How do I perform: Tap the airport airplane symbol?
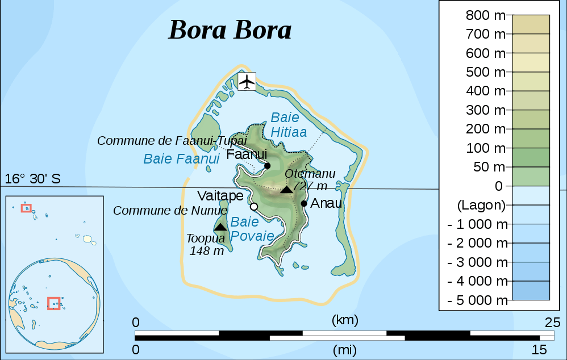(247, 81)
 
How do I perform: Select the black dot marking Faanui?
(267, 166)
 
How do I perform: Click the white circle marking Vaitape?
(254, 207)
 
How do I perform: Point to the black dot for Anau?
(305, 203)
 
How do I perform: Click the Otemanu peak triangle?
(287, 189)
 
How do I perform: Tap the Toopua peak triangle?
(220, 227)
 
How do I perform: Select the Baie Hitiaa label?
(289, 125)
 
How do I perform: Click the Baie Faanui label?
(181, 159)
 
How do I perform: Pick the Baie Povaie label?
(252, 229)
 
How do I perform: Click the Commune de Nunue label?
(170, 211)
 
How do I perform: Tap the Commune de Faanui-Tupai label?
(172, 140)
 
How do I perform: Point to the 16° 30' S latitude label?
(32, 179)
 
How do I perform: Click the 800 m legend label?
(485, 15)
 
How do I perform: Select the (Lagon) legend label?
(481, 204)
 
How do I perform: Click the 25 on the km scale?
(552, 323)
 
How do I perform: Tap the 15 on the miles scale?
(539, 349)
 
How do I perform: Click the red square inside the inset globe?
(54, 303)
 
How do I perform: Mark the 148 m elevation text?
(207, 251)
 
